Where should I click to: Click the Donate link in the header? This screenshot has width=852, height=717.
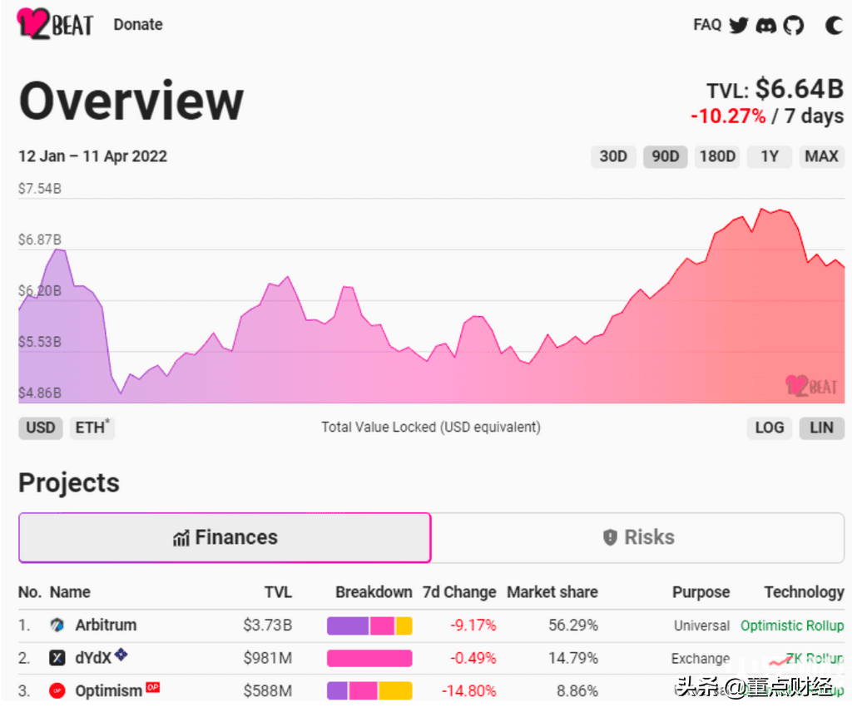138,24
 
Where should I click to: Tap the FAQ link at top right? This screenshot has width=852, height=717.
707,24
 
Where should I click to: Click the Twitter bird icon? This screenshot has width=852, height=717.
739,25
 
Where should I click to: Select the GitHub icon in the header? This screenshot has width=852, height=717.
794,25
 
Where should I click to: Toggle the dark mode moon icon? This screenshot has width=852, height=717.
834,25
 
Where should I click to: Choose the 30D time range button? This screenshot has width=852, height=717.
613,156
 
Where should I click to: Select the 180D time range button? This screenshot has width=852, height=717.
717,156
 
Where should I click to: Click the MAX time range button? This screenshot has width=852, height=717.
822,156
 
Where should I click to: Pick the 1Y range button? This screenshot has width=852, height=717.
770,156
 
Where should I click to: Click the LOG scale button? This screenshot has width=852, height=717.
769,428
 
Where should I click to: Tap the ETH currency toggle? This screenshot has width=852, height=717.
91,428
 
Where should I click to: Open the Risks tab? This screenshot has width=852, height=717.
639,537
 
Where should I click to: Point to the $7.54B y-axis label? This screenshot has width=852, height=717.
40,189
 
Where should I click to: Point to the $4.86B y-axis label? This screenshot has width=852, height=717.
40,393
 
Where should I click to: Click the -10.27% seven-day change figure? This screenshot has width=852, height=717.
728,116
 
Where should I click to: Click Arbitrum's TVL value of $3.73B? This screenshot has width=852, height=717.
267,626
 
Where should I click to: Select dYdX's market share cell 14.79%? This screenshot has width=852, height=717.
572,658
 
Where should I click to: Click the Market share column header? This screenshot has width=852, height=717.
552,592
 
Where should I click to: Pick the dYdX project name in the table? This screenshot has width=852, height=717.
93,658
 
